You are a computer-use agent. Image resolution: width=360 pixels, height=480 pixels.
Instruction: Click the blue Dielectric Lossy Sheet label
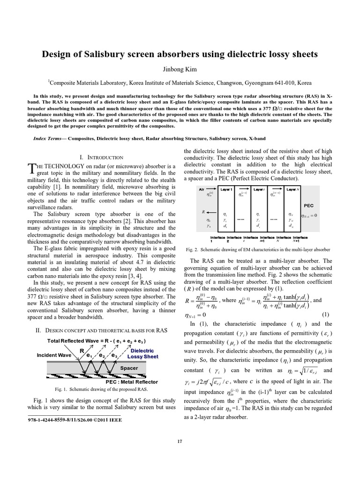(143, 353)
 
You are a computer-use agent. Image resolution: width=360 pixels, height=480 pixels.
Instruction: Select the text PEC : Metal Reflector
(132, 382)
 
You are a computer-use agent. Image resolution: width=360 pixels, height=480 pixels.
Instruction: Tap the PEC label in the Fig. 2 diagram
(309, 205)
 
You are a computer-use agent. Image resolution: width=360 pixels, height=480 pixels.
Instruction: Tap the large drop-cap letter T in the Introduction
(31, 168)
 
